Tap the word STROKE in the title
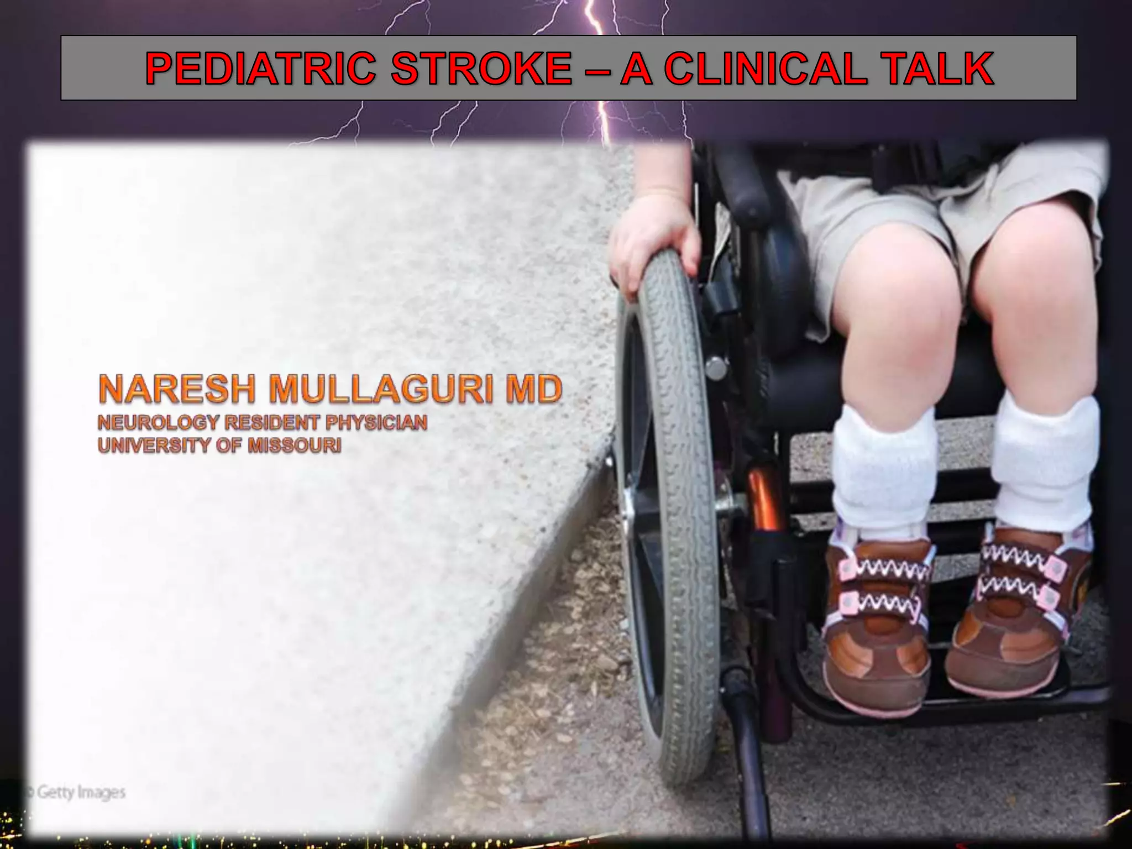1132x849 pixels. (x=481, y=69)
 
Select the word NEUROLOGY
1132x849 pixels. (x=158, y=423)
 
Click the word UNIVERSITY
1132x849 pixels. (x=151, y=446)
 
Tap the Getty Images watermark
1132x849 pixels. (x=77, y=792)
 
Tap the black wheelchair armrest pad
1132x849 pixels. (x=741, y=188)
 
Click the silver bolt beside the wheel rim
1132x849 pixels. (x=715, y=366)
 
